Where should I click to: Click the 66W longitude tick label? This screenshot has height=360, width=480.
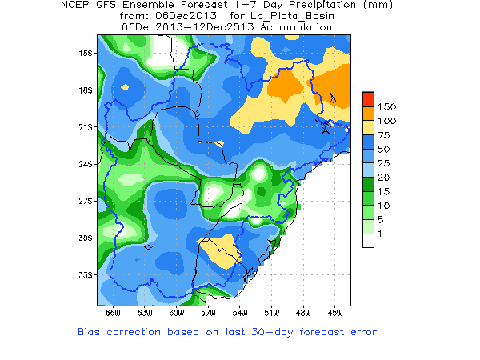113,312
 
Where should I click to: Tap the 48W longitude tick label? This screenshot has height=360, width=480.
303,312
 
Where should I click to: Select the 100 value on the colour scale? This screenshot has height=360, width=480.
386,120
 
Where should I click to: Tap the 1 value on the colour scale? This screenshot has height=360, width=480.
381,233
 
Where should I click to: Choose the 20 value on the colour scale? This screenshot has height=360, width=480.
384,177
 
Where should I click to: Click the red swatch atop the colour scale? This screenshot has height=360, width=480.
368,99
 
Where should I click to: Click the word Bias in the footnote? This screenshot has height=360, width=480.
90,331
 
